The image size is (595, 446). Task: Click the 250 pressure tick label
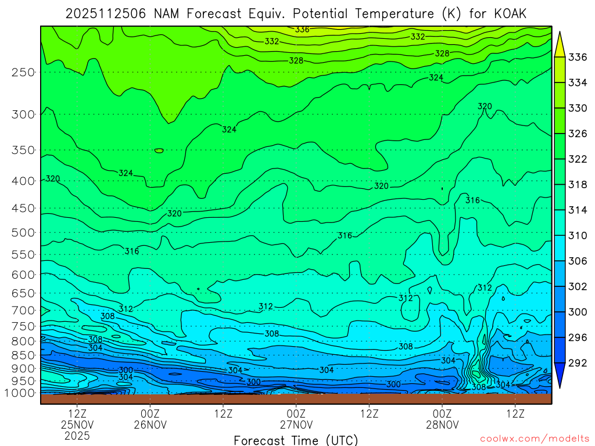[x=23, y=72]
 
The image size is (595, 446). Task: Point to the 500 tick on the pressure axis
[x=23, y=232]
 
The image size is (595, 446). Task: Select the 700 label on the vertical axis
[x=23, y=310]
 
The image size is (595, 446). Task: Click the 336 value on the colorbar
[x=577, y=57]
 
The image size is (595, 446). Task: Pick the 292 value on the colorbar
[x=577, y=363]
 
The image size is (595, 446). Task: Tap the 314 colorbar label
[x=577, y=210]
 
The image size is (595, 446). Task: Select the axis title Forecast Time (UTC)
[x=296, y=440]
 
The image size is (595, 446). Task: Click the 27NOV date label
[x=296, y=425]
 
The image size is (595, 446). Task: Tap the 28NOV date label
[x=443, y=425]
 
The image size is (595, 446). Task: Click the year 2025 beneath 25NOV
[x=77, y=435]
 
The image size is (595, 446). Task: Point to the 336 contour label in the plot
[x=302, y=30]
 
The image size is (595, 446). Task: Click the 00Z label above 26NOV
[x=150, y=413]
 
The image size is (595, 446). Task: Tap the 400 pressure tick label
[x=23, y=181]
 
